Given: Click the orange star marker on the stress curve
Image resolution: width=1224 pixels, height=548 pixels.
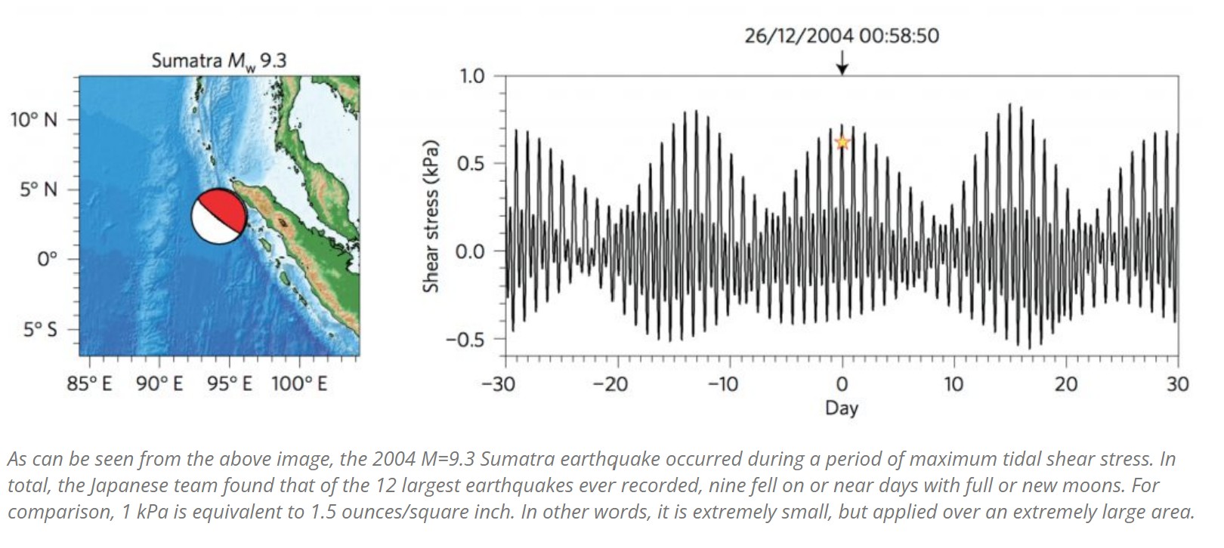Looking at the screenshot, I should click(x=842, y=143).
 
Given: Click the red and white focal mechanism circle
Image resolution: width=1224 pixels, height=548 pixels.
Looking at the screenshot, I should click(x=218, y=216).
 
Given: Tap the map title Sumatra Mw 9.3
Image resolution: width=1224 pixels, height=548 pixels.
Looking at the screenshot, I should click(x=218, y=61).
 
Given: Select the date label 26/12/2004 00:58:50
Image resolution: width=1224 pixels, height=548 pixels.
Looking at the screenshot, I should click(x=842, y=35).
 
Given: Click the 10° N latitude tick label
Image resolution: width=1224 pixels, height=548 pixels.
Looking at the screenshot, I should click(x=33, y=119).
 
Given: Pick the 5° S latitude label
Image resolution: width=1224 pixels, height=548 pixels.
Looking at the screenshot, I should click(x=39, y=330).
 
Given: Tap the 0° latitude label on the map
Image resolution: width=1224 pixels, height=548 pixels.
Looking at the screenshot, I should click(x=47, y=260).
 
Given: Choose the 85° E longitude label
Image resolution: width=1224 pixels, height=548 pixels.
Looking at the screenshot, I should click(x=89, y=384).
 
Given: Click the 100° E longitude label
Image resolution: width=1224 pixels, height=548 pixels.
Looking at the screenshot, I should click(x=299, y=384).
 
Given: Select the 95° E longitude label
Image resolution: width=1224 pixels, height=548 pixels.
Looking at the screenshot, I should click(x=230, y=384).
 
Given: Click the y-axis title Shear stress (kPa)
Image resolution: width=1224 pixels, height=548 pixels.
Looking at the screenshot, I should click(x=431, y=216).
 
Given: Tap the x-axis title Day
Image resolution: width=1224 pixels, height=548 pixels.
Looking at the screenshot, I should click(x=842, y=408).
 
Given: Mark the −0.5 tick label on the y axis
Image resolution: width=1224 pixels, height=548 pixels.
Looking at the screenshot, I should click(x=465, y=339).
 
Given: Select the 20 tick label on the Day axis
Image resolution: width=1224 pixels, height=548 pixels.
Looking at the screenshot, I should click(x=1065, y=384).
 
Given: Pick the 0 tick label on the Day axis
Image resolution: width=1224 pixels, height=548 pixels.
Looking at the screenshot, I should click(x=842, y=384).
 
